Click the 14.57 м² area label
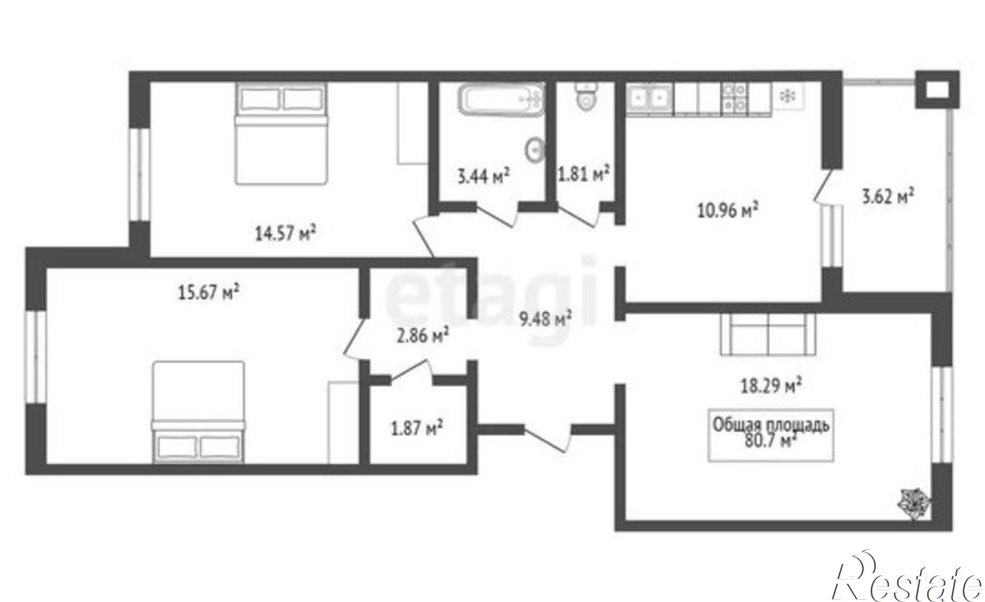tap(285, 233)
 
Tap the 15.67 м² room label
tap(208, 293)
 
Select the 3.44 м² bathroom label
tap(484, 176)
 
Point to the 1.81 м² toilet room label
tap(584, 174)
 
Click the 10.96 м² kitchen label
tap(727, 211)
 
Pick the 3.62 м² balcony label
tap(888, 197)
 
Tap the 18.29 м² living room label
tap(771, 386)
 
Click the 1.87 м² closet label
tap(416, 429)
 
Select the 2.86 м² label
tap(423, 337)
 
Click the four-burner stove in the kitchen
tap(734, 98)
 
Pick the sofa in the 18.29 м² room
tap(768, 334)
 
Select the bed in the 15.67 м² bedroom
tap(198, 412)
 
